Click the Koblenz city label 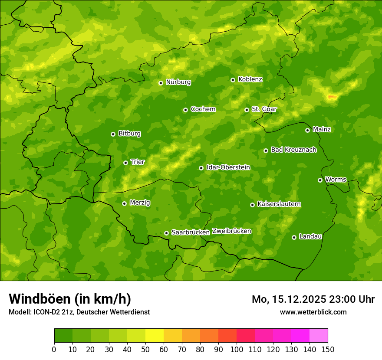(250, 79)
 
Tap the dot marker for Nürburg (161, 83)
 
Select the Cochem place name (203, 109)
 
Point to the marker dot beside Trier (125, 163)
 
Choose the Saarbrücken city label (191, 232)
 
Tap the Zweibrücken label (231, 231)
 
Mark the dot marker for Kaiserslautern (252, 205)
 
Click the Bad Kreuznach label (293, 150)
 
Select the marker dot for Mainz (307, 130)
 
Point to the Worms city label (336, 180)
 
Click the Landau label (310, 236)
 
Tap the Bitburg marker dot (113, 134)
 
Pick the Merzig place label (140, 203)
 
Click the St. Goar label (264, 109)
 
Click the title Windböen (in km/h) (69, 299)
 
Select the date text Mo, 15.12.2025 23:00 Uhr (313, 299)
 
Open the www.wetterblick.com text (313, 312)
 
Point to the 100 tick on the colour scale (237, 349)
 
